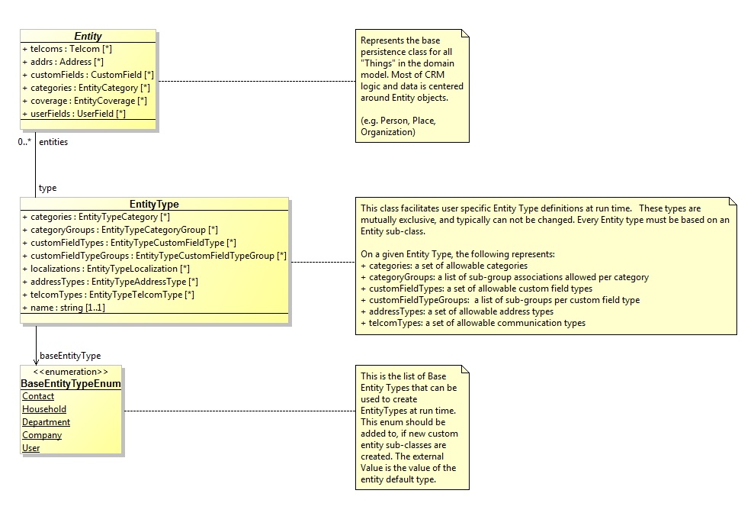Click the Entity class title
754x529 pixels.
point(88,36)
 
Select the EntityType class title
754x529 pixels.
point(154,204)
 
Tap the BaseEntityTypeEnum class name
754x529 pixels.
point(71,384)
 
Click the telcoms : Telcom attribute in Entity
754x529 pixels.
point(67,49)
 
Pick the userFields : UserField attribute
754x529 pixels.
point(74,114)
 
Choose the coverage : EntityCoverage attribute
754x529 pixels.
point(85,101)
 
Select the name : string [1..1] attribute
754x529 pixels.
point(63,308)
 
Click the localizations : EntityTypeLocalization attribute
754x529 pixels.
point(106,269)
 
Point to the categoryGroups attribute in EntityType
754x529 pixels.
point(120,230)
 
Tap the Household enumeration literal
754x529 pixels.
point(44,409)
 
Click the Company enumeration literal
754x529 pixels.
point(42,435)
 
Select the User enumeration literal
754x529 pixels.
point(30,448)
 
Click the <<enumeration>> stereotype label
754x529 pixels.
point(71,372)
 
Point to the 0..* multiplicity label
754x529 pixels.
point(24,142)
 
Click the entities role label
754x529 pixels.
point(53,142)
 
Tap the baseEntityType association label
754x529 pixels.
point(70,356)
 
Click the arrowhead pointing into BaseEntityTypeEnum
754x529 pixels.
point(36,362)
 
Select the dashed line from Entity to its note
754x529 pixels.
point(257,82)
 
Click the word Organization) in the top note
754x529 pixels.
point(388,132)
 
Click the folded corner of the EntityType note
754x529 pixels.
point(733,202)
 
